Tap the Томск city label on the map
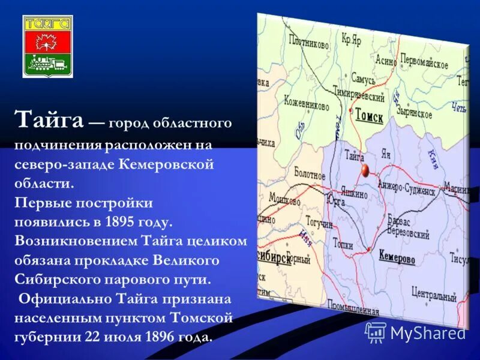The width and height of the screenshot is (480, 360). (368, 116)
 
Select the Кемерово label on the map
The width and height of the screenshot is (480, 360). (397, 258)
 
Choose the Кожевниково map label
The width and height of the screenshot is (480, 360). (307, 105)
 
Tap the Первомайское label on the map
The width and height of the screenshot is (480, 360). (424, 64)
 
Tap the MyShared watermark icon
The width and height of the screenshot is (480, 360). (376, 332)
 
